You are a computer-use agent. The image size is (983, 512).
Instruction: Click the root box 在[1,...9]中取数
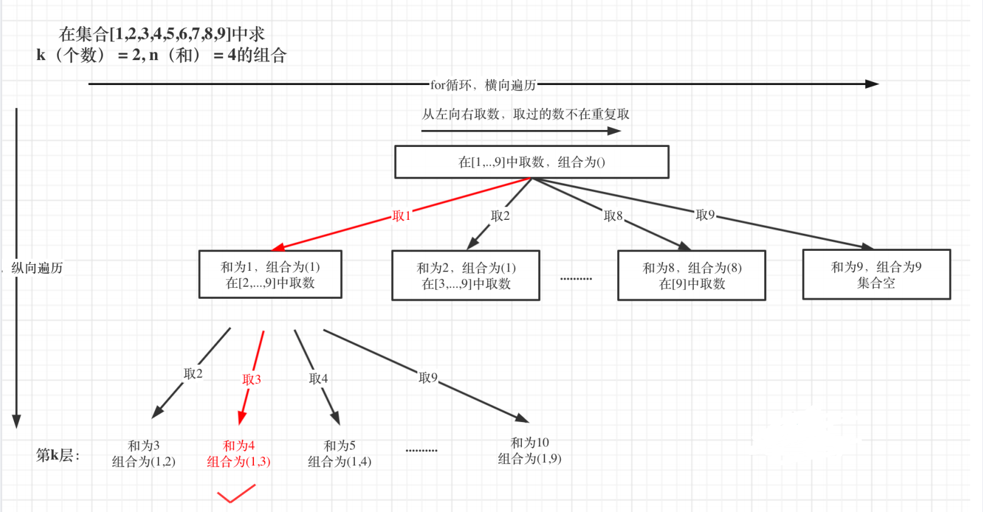[532, 162]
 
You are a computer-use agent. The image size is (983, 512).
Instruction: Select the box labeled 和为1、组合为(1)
[270, 275]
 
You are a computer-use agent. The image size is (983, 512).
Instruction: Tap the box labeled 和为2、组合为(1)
[466, 276]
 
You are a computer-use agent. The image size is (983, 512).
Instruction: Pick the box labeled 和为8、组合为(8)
[691, 276]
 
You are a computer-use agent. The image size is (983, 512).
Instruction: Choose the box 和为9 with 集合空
[876, 275]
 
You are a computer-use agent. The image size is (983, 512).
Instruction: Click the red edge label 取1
[402, 216]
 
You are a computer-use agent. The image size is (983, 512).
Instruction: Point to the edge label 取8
[613, 216]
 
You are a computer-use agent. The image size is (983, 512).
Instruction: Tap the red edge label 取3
[252, 380]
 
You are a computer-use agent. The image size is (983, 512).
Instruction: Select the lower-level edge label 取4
[318, 378]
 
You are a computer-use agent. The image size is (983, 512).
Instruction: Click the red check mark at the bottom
[236, 494]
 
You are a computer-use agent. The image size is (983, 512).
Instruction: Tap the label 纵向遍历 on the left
[37, 268]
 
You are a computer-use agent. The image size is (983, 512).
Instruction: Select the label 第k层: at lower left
[58, 455]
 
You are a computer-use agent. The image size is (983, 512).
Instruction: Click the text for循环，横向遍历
[483, 85]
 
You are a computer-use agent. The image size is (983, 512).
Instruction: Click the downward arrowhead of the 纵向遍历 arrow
[16, 422]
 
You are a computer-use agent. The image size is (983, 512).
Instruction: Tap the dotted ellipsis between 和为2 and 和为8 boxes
[576, 279]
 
